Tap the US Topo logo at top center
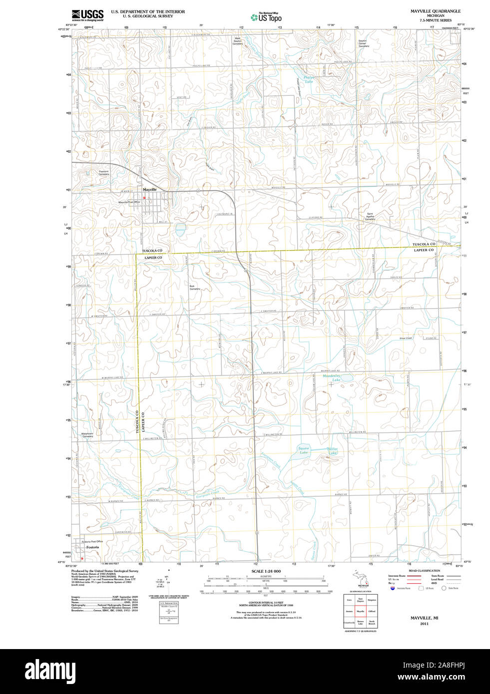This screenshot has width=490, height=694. [266, 17]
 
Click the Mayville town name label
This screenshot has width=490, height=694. [149, 190]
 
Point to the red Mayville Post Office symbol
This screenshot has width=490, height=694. [145, 198]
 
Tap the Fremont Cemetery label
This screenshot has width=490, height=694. [103, 173]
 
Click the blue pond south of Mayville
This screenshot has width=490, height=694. [180, 230]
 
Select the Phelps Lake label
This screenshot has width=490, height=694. [309, 79]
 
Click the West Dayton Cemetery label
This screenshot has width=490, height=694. [238, 41]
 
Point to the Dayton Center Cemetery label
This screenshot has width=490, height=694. [363, 43]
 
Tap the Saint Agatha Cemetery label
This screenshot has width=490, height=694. [370, 217]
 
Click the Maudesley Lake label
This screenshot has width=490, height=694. [332, 378]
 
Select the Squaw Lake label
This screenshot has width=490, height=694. [304, 450]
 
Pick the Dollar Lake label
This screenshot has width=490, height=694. [332, 451]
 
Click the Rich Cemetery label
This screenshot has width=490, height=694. [194, 288]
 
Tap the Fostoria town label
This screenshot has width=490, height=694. [93, 547]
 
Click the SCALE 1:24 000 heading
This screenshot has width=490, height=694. [266, 571]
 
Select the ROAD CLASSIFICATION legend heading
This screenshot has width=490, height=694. [424, 571]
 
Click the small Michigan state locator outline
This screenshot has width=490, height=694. [361, 579]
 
